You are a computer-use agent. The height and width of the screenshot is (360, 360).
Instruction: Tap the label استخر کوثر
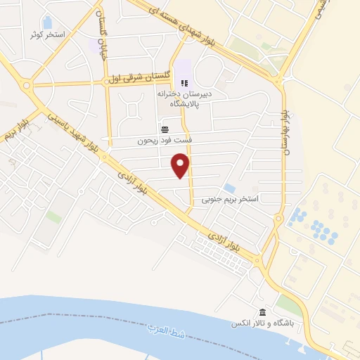[47, 34]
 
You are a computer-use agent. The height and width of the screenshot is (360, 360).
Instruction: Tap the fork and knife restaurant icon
[184, 84]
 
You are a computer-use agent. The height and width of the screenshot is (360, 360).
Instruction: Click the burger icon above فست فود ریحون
[165, 129]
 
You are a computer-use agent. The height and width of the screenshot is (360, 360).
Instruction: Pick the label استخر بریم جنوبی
[230, 199]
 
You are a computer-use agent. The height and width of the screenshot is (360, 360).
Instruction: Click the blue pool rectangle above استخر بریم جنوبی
[230, 188]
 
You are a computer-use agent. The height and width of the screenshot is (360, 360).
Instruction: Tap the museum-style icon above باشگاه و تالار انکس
[262, 312]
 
